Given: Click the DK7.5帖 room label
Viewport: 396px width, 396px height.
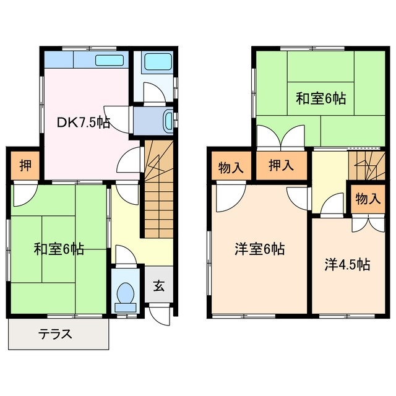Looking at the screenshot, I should pos(84,123).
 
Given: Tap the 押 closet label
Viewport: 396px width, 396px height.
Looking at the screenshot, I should pos(25,165).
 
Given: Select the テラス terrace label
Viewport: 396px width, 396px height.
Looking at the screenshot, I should pos(56,335).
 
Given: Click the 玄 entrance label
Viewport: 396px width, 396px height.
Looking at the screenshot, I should pos(159,286).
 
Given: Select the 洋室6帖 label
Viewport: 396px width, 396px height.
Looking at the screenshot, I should pos(259,249).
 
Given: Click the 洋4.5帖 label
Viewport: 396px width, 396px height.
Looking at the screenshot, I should pos(348,265).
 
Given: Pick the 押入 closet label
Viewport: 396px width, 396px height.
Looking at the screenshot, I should pos(281,165).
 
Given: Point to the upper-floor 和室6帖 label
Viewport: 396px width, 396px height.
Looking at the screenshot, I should pos(320,98).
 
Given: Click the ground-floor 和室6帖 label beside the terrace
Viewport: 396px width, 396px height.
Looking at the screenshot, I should pos(59,249).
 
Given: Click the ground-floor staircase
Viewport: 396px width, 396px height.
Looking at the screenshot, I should pos(158,189).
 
